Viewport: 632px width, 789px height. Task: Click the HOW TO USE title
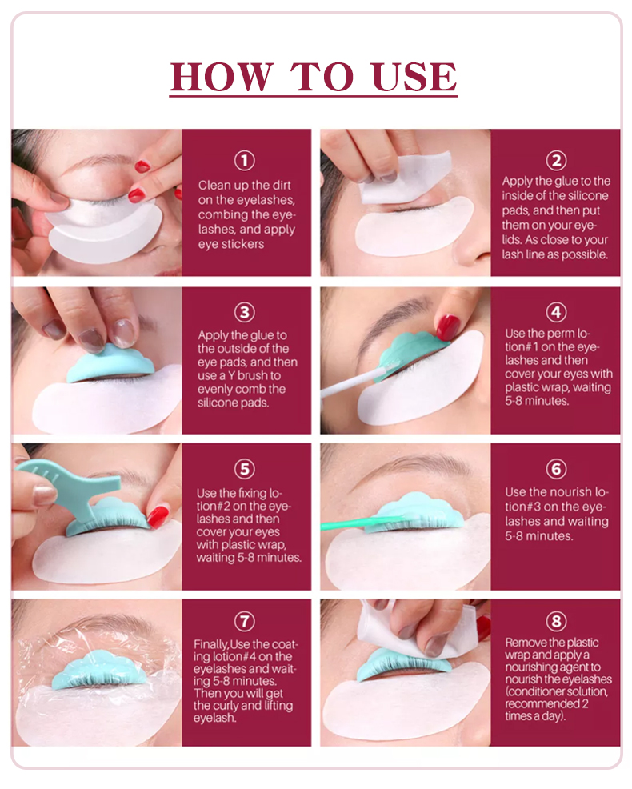[x=314, y=76]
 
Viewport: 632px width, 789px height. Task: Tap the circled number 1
[x=246, y=160]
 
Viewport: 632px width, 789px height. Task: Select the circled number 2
[x=556, y=159]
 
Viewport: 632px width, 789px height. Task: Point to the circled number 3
[x=246, y=311]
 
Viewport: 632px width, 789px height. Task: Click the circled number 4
[x=556, y=311]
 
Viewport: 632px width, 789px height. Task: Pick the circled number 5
[x=246, y=468]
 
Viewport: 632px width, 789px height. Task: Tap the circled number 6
[x=556, y=468]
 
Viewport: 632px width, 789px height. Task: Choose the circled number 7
[x=246, y=621]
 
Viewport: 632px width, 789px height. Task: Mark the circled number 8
[x=556, y=621]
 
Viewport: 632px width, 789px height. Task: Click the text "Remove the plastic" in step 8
[x=551, y=643]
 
